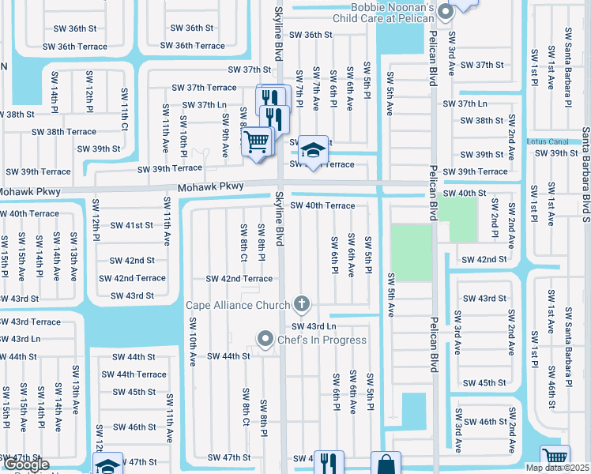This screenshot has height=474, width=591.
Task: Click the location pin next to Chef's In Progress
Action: (266, 340)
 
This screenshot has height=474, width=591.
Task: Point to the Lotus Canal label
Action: (548, 141)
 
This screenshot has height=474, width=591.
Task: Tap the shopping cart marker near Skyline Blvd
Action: (256, 143)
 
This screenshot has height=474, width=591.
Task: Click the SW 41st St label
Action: (132, 225)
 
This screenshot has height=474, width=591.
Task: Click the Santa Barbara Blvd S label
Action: (585, 166)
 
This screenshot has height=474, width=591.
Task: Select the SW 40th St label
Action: (465, 194)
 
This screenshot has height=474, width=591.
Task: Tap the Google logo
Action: (25, 465)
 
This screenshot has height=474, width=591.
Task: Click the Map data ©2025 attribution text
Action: (557, 468)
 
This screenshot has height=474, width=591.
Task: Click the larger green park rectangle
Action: (412, 252)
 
